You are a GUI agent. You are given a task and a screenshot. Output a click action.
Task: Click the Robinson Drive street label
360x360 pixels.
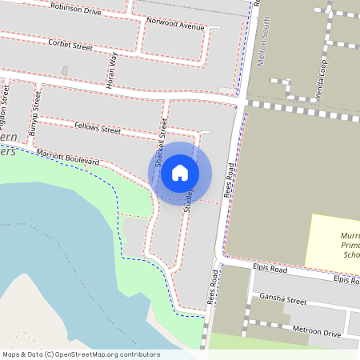[x=75, y=8]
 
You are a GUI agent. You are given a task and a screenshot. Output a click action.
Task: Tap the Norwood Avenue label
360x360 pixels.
[x=175, y=24]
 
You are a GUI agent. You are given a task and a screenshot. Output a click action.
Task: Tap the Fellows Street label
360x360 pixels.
[x=97, y=128]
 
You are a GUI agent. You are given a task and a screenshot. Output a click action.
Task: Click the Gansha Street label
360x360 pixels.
[x=283, y=301]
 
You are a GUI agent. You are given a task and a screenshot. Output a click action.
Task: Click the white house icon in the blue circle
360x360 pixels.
[x=180, y=172]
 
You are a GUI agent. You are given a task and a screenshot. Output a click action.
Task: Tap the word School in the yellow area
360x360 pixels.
[x=351, y=255]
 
